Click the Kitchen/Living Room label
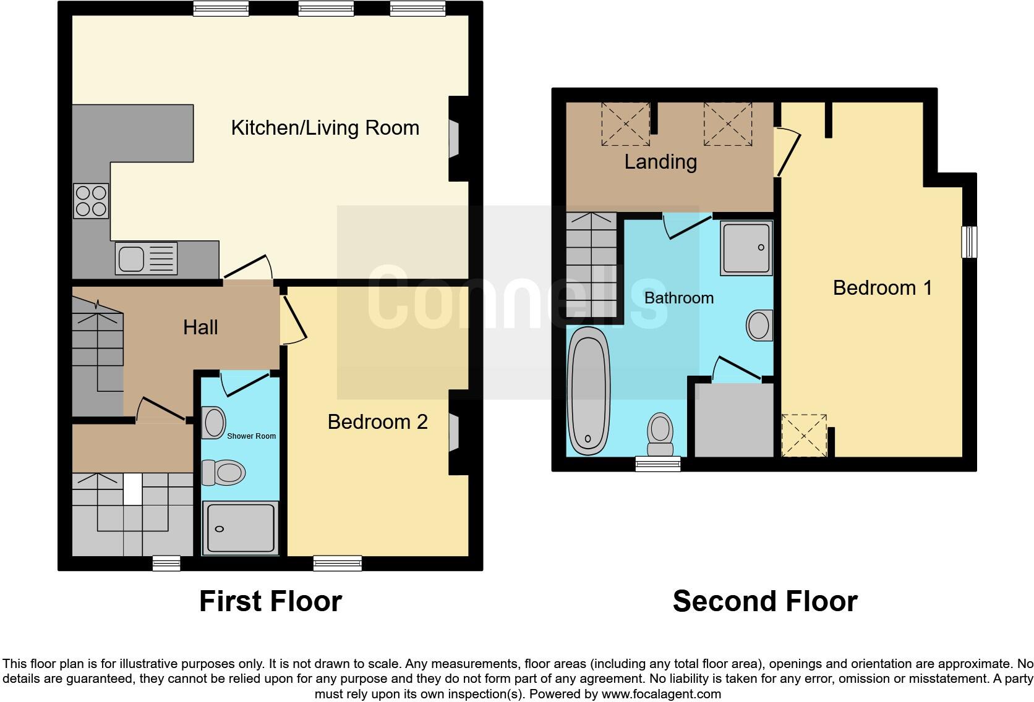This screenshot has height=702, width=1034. (325, 128)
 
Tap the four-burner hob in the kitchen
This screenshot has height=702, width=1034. (91, 201)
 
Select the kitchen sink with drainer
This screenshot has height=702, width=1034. (146, 258)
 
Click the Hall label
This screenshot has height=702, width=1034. (200, 328)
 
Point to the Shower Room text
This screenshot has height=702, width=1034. (251, 436)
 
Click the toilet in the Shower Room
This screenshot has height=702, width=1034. (224, 473)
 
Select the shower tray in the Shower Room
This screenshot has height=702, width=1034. (240, 528)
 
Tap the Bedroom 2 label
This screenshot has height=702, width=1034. (377, 422)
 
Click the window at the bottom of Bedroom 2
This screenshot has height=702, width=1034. (337, 563)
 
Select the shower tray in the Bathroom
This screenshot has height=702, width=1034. (746, 248)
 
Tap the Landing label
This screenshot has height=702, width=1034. (660, 162)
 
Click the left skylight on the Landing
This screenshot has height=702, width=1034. (625, 124)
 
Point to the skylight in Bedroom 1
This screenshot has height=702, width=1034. (804, 436)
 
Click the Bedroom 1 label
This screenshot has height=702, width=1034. (882, 288)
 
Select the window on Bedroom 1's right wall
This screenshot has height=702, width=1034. (969, 242)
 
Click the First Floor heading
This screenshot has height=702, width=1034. (270, 601)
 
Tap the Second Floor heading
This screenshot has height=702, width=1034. (765, 601)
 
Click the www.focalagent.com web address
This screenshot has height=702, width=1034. (660, 694)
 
